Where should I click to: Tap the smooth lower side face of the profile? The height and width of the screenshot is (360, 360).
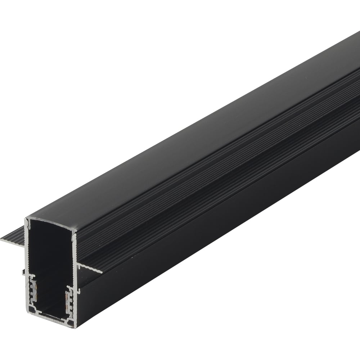[x=216, y=223]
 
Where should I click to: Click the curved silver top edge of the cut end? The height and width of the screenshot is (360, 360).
[x=50, y=221]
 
